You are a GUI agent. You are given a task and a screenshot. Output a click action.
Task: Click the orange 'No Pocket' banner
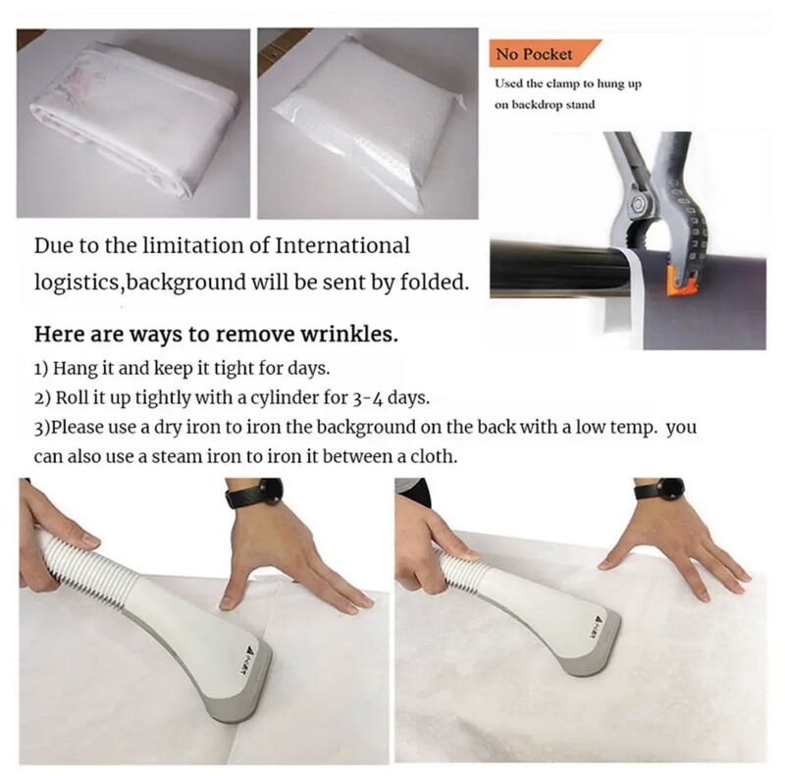(x=544, y=53)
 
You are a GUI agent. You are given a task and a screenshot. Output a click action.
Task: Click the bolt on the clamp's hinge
(x=639, y=205)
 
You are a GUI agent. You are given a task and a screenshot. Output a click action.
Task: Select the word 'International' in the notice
(x=342, y=245)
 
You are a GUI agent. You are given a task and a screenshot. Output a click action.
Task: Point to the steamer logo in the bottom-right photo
(x=599, y=627)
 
